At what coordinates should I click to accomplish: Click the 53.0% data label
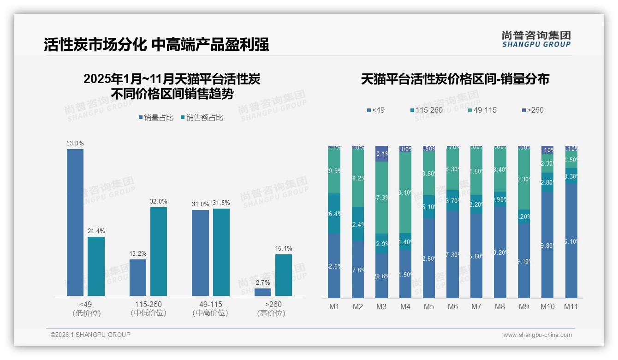(x=75, y=144)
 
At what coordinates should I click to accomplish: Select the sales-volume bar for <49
(x=75, y=222)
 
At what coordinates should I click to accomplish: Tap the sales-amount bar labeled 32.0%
(x=159, y=252)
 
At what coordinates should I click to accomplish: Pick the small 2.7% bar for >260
(x=263, y=292)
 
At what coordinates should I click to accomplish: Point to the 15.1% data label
(x=284, y=249)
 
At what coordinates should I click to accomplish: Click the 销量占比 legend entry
(x=155, y=118)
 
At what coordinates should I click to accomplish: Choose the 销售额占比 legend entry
(x=202, y=118)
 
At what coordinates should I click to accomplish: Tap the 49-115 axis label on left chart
(x=210, y=305)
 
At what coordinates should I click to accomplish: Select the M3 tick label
(x=381, y=306)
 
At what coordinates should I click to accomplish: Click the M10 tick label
(x=547, y=306)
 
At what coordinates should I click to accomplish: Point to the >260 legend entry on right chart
(x=532, y=110)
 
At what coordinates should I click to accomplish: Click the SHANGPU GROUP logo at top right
(x=536, y=39)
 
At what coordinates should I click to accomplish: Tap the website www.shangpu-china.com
(x=537, y=335)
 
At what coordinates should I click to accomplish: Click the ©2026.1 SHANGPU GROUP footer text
(x=90, y=335)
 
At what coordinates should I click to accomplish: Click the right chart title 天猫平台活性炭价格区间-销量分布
(x=455, y=79)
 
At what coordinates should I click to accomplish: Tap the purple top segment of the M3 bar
(x=381, y=154)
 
